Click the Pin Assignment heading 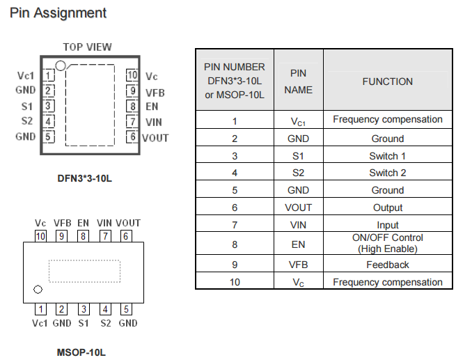coord(58,13)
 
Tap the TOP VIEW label coord(87,47)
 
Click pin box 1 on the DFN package coord(48,75)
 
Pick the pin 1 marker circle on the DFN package coord(61,65)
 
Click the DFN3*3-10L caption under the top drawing coord(85,178)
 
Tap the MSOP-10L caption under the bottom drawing coord(81,352)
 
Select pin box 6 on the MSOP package coord(126,236)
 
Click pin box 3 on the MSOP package coord(84,309)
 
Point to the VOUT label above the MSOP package coord(128,224)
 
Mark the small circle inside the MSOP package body coord(38,289)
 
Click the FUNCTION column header coord(387,81)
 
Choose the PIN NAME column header coord(298,81)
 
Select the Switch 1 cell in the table coord(387,155)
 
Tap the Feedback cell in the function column coord(387,265)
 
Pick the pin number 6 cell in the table coord(235,208)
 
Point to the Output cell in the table coord(387,208)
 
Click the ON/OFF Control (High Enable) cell coord(387,243)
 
